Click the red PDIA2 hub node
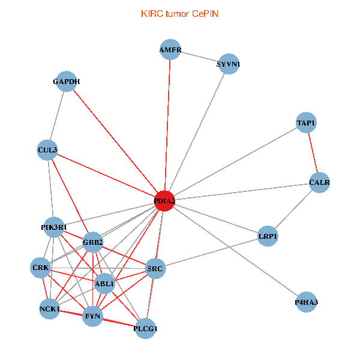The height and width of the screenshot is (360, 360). point(164,202)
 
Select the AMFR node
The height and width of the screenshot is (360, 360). point(170,50)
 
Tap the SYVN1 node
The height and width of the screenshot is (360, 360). point(229,64)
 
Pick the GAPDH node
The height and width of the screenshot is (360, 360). point(66,82)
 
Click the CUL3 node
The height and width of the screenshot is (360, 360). point(47,150)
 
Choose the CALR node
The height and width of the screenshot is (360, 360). point(319,182)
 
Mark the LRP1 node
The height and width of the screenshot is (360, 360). point(268,236)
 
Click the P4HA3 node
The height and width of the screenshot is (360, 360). point(307,302)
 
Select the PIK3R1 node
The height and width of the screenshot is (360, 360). point(54,227)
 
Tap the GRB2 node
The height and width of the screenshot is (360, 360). point(93,242)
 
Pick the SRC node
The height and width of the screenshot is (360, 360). point(155,269)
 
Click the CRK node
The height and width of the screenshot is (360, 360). point(41,268)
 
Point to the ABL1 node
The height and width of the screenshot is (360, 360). point(105,284)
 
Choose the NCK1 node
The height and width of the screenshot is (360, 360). point(50,309)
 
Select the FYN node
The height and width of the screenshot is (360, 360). point(92,316)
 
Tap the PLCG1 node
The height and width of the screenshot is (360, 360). point(146,328)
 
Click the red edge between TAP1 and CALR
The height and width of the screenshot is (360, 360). point(313,152)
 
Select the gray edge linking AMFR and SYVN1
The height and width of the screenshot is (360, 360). point(199,56)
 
